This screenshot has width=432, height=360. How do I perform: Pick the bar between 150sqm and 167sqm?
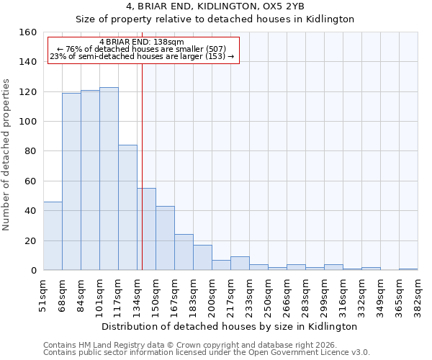(x=165, y=238)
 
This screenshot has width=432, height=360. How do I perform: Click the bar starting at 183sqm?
(x=202, y=258)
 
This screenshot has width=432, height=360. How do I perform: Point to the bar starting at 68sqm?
(x=71, y=181)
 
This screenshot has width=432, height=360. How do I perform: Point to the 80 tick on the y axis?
(x=30, y=151)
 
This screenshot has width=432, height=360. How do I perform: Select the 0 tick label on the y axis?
(x=33, y=271)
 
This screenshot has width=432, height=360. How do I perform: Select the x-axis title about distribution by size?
(x=230, y=326)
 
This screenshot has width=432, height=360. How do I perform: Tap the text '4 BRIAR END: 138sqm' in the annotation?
(x=143, y=42)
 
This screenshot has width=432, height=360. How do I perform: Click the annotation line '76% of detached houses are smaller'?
(x=143, y=49)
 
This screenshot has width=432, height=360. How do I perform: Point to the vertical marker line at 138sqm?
(x=142, y=180)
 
